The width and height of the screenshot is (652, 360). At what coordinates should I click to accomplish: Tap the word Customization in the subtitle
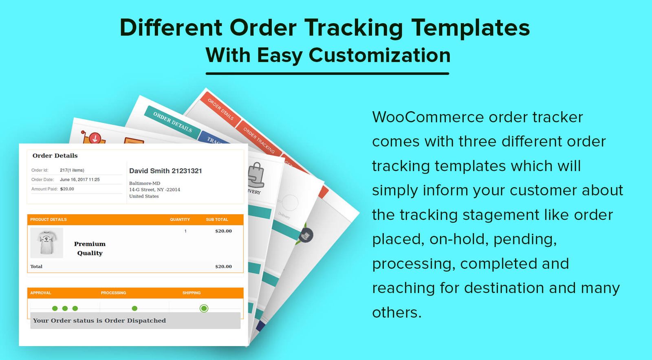coord(379,55)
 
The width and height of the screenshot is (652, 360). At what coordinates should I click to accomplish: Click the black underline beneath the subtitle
coord(327,74)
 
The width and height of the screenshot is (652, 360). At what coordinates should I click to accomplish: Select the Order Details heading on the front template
coord(55,156)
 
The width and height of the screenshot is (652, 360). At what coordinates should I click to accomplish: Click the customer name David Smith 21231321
coord(165,171)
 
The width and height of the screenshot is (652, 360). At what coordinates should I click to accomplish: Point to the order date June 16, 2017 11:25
coord(80,180)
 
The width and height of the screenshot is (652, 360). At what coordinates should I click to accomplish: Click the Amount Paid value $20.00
coord(67,189)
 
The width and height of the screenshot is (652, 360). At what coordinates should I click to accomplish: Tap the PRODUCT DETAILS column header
coord(48,220)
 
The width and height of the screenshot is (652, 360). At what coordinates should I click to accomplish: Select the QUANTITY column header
coord(180,220)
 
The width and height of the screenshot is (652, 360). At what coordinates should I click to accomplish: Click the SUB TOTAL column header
coord(217,220)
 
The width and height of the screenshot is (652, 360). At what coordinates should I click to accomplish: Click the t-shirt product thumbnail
coord(46,243)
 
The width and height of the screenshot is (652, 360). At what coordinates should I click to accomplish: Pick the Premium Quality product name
coord(90,248)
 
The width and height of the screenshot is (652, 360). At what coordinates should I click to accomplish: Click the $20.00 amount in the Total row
coord(223,267)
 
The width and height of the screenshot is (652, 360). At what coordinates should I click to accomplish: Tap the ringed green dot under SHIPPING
coord(204,308)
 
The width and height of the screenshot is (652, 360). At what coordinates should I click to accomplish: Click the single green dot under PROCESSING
coord(135,308)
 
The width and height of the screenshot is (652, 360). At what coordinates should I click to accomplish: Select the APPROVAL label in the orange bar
coord(41,293)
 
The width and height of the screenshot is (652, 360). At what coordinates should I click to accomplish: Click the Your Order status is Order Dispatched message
coord(99,320)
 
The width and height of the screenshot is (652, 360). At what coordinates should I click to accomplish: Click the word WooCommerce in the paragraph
coord(427,117)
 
